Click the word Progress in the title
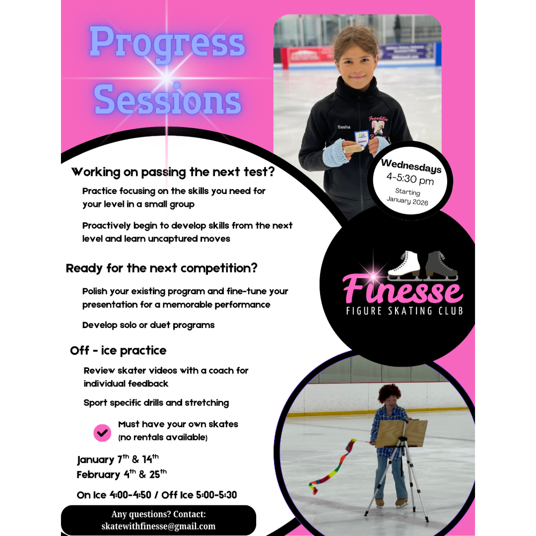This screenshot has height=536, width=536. point(167,42)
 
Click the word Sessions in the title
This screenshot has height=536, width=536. point(167,99)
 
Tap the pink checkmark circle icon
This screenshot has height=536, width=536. point(102,432)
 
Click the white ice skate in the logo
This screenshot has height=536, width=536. point(404,264)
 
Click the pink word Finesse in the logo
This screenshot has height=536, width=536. point(402,290)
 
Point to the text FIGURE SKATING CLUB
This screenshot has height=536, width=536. point(404,311)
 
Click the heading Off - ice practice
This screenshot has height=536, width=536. point(118,350)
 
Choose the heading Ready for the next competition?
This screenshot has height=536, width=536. point(162,268)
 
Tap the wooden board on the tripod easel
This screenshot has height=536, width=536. point(401,433)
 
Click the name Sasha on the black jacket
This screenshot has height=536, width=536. point(343,127)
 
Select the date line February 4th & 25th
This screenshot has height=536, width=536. point(122,474)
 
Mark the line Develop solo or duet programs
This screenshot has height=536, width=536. point(148,325)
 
